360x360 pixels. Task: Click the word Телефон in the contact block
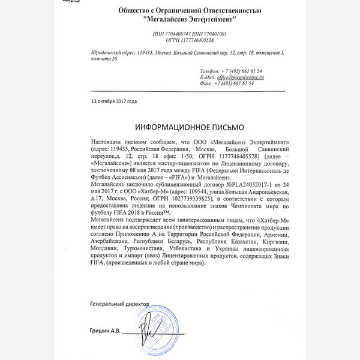212,71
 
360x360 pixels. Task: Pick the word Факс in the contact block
206,84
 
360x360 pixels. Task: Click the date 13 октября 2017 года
114,101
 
